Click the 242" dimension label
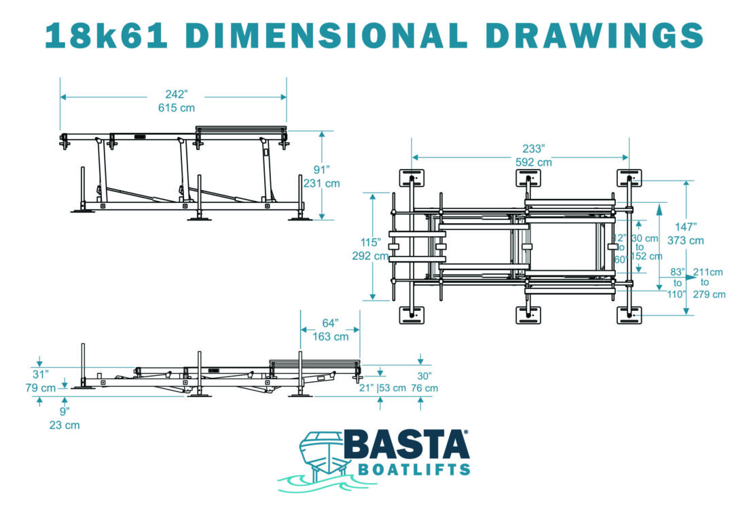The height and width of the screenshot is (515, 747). pos(177,94)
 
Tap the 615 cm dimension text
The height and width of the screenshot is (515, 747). pos(177,108)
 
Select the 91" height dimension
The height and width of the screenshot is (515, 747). pos(322,170)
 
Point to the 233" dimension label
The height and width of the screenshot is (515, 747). pos(534,149)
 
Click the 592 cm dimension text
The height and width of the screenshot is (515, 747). pos(534,162)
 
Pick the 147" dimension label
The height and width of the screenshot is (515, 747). pos(686,227)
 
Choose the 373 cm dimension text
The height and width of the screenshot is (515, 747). pos(686,240)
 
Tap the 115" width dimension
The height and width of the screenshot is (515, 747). pos(370,242)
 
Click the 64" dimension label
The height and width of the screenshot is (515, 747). pos(330,323)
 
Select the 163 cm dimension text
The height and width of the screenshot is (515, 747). pos(330,337)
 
